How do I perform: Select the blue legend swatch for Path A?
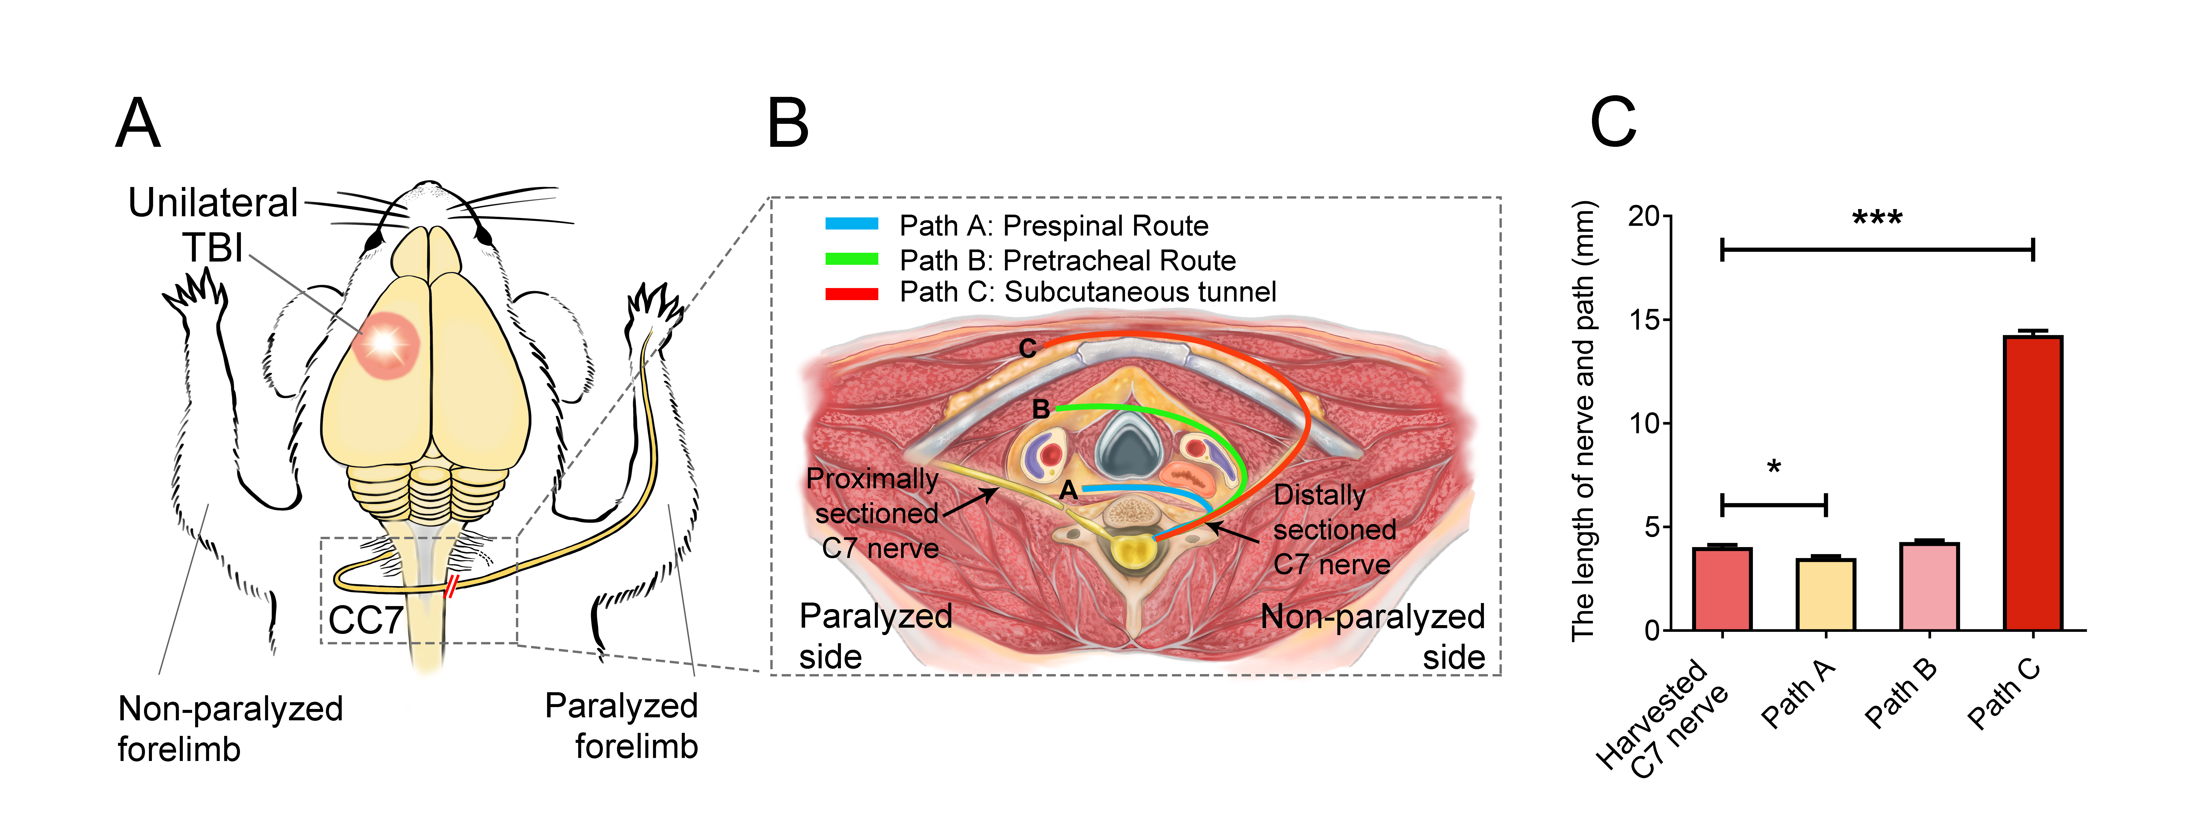point(851,224)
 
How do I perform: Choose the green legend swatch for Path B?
point(851,258)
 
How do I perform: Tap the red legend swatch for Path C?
point(851,293)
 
